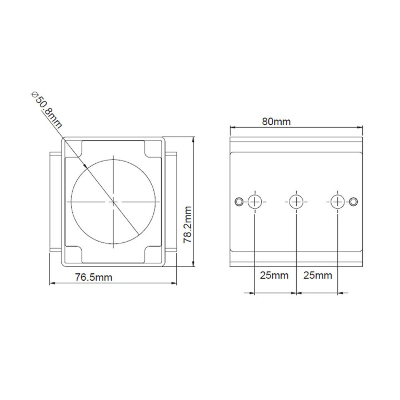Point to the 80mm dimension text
[276, 122]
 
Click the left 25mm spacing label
[274, 275]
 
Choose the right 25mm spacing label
[317, 275]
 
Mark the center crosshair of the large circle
[113, 201]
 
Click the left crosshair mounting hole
[254, 201]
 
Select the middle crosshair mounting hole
[297, 201]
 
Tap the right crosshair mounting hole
[338, 201]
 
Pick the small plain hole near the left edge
[239, 201]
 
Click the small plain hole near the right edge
[354, 201]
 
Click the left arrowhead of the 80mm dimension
[233, 128]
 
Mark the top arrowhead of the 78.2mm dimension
[193, 139]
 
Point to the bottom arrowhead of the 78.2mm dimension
[193, 265]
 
